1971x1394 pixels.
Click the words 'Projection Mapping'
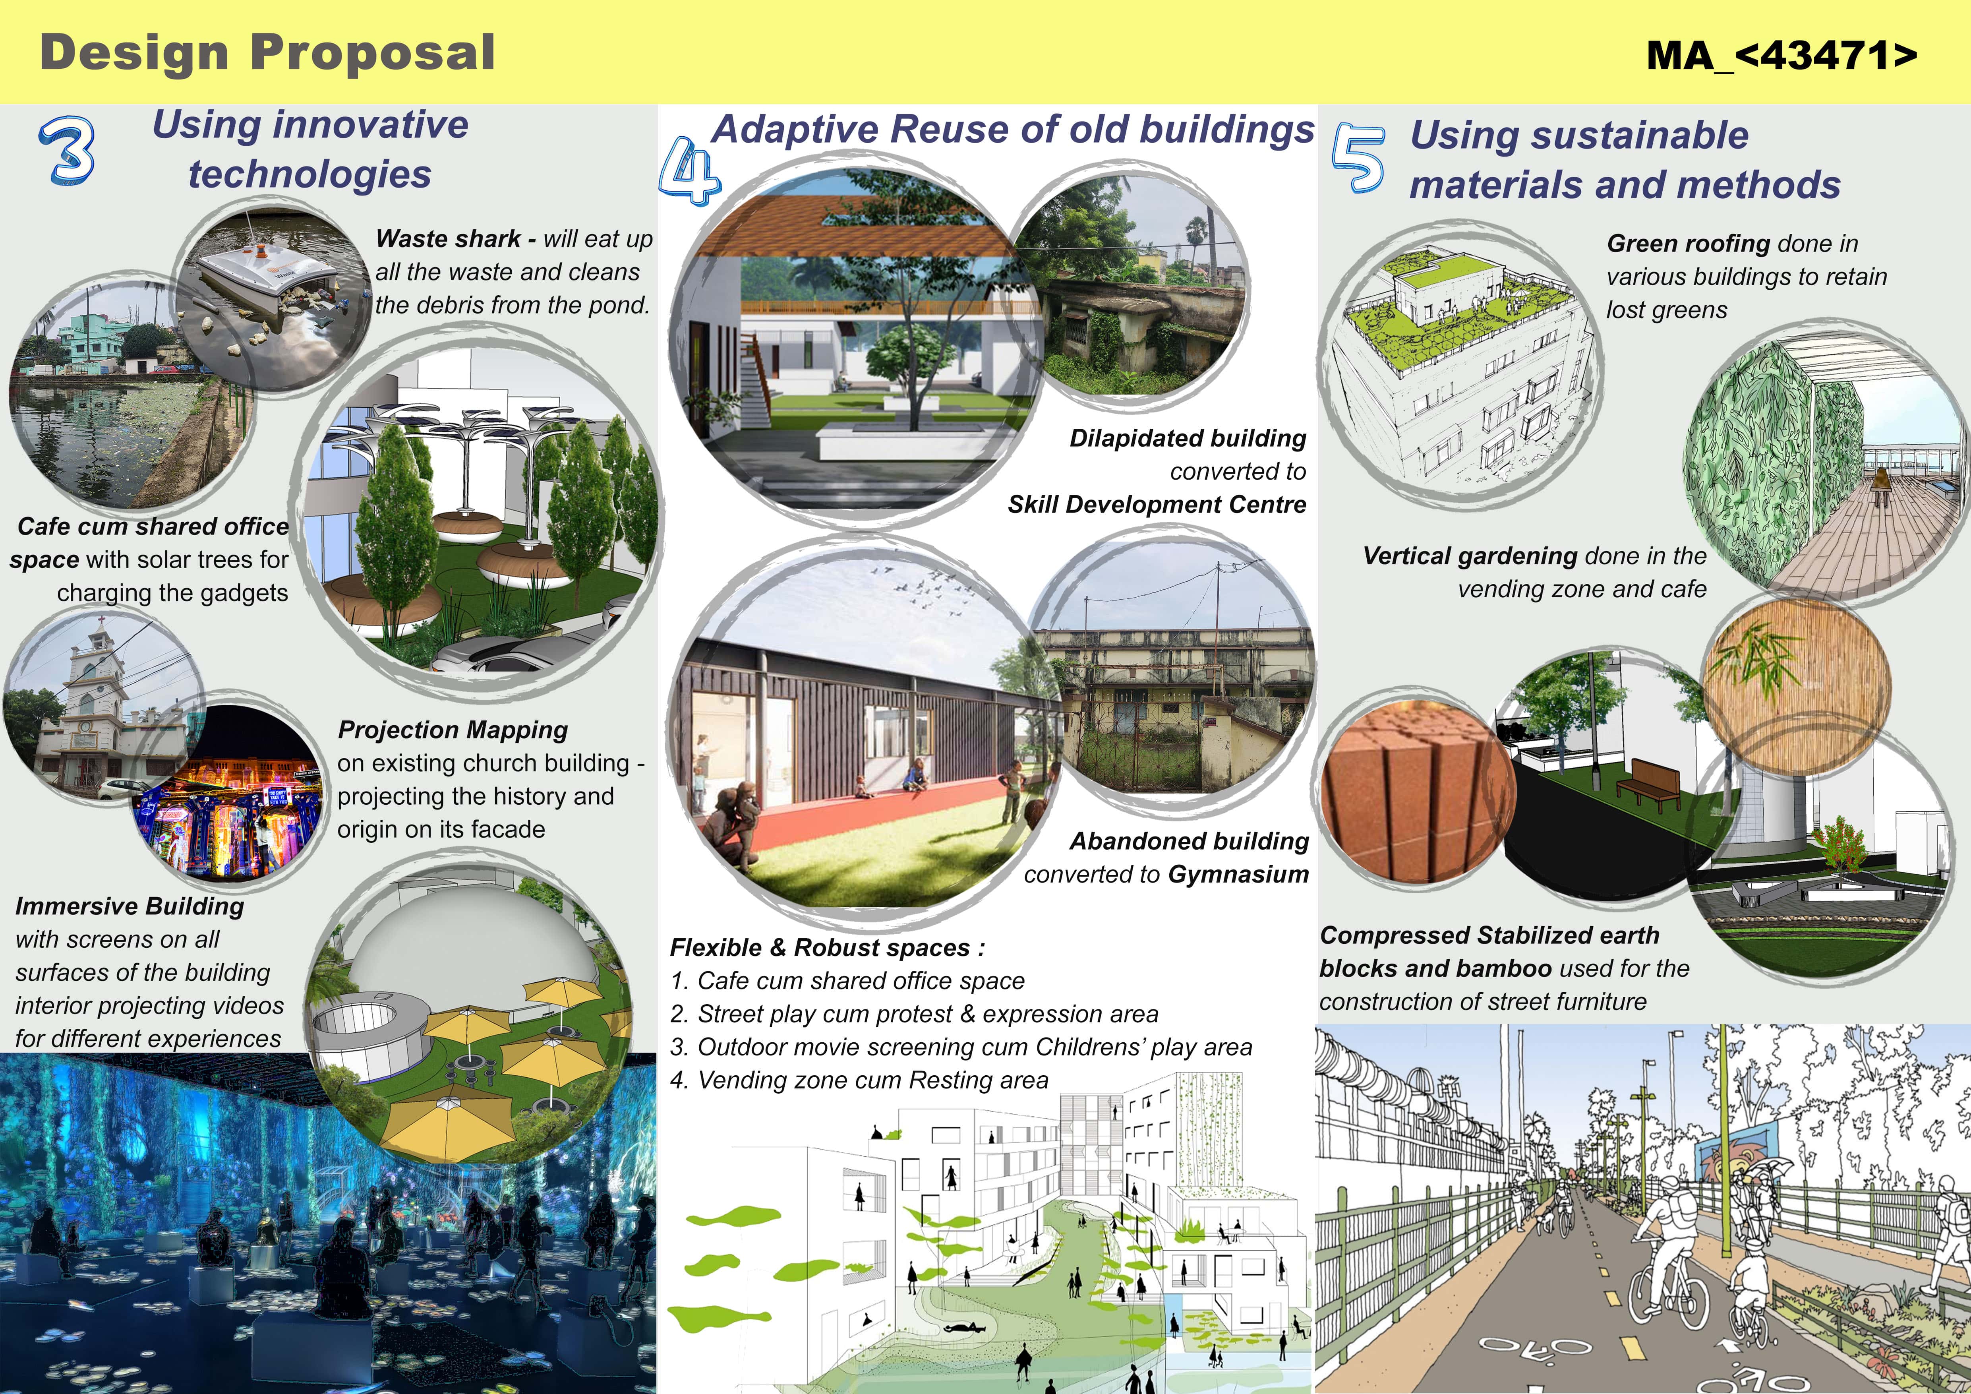453,730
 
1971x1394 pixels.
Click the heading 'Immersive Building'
130,906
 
